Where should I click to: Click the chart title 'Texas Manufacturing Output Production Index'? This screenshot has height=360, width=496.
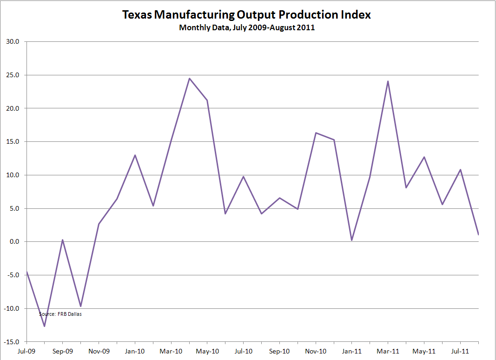click(x=246, y=14)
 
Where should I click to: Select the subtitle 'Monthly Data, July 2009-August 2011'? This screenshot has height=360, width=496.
click(x=247, y=27)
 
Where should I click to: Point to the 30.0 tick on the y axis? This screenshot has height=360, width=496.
click(x=13, y=42)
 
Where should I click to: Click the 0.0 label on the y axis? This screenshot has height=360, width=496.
click(x=14, y=242)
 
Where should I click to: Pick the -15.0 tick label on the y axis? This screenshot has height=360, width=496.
click(x=12, y=342)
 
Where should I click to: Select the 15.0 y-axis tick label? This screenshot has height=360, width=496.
click(x=13, y=142)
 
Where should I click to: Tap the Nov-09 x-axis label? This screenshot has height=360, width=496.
click(x=99, y=351)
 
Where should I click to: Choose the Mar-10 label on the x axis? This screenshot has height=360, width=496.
click(x=171, y=351)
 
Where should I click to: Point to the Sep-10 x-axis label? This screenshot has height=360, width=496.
click(x=279, y=351)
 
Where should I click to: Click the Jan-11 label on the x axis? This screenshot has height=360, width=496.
click(x=352, y=351)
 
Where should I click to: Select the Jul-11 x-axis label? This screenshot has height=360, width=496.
click(x=460, y=351)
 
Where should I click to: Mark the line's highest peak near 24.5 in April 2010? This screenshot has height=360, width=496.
click(x=189, y=78)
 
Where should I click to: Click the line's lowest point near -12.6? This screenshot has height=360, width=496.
click(x=45, y=326)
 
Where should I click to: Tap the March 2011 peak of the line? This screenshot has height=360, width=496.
click(x=388, y=81)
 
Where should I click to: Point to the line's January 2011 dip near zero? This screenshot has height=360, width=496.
click(x=352, y=240)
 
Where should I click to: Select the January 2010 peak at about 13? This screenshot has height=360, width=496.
click(x=135, y=155)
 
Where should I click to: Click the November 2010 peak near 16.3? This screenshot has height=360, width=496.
click(x=316, y=133)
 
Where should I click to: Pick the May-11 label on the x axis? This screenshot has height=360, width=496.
click(x=424, y=351)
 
